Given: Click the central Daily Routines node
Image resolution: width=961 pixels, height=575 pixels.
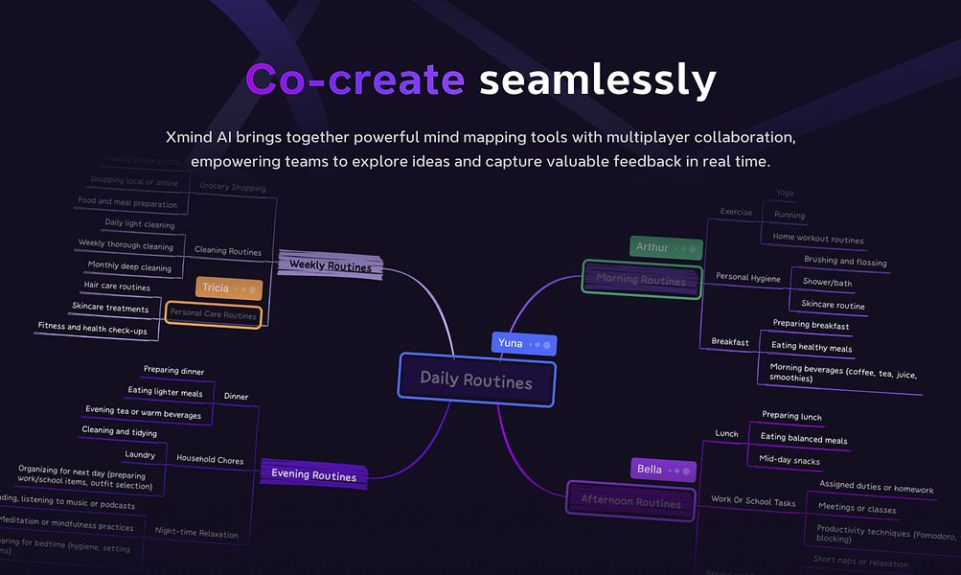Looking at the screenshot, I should pos(476,380).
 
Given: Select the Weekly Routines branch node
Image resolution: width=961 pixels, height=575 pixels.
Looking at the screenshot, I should pos(331,266).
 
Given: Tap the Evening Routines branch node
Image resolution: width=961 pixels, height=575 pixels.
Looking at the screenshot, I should pos(313,475).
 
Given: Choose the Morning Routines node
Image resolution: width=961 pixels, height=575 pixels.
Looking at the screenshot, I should pos(641,280).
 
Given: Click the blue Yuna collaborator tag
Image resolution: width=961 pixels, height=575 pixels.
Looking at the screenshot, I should pos(523,343).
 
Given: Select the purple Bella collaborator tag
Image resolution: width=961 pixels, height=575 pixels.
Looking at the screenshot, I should pos(662,469).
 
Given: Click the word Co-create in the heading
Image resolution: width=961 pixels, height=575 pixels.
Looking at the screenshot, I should pos(355,80).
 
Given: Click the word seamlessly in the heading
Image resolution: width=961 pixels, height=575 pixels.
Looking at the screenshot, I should pos(597,80).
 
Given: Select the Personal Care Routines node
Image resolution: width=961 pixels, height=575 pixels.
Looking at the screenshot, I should pos(213,314).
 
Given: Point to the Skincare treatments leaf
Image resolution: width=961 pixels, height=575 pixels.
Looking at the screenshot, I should pos(110,309).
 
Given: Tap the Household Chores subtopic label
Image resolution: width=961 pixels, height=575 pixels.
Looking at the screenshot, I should pos(210,459).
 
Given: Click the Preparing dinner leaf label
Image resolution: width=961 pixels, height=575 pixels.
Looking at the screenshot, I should pos(173,370).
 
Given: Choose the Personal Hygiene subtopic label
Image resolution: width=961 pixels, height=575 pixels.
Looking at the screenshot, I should pos(747,278).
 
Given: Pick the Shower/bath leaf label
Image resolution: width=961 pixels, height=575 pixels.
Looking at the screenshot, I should pos(827,283).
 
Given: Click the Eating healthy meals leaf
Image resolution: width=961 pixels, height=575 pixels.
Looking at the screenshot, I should pos(812,348).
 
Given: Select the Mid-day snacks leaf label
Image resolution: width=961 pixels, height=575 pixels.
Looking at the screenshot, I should pos(789,460).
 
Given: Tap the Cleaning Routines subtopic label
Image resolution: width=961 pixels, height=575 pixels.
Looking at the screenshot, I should pos(227,251).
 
